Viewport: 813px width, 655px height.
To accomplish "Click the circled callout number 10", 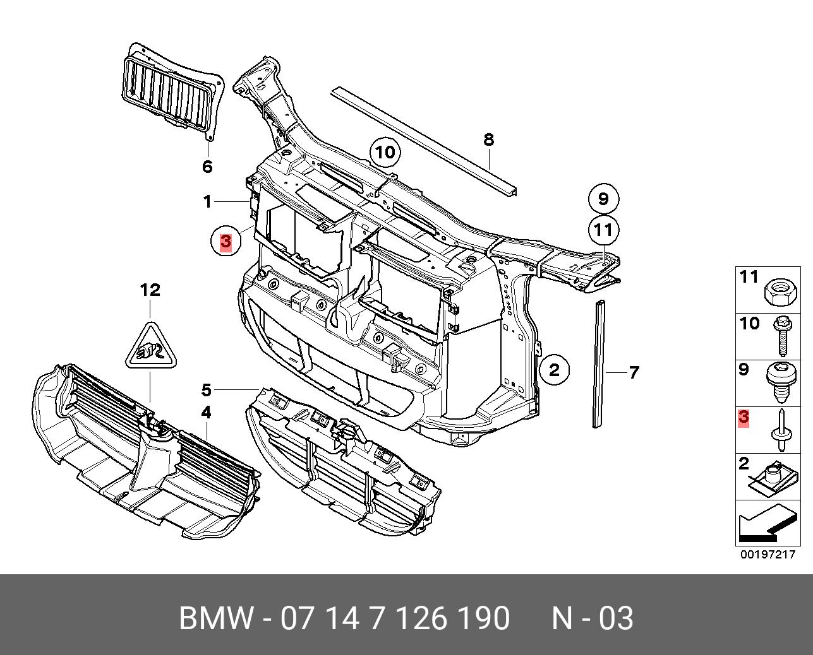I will [x=385, y=152].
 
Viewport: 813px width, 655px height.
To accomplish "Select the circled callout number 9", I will [x=603, y=199].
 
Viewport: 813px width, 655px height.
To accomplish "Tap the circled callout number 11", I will [x=603, y=230].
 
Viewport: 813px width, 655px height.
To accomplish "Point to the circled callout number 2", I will [x=554, y=370].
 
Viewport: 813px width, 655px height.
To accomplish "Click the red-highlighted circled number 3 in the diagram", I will [x=226, y=241].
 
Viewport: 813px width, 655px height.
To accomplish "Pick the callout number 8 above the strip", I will [x=488, y=139].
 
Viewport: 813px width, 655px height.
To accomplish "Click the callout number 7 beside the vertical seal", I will [x=634, y=372].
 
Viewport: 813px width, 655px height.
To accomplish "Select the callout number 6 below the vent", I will [x=207, y=167].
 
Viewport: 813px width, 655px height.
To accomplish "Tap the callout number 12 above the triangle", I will [x=150, y=290].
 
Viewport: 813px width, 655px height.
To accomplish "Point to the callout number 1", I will [x=207, y=202].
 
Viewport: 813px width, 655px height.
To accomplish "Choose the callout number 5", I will [x=207, y=389].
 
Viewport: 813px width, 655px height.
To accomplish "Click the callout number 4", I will [x=207, y=413].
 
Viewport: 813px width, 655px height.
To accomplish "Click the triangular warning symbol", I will [x=151, y=347].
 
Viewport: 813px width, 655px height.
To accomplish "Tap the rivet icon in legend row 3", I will [x=781, y=430].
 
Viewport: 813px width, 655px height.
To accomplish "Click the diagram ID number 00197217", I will [x=768, y=555].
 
